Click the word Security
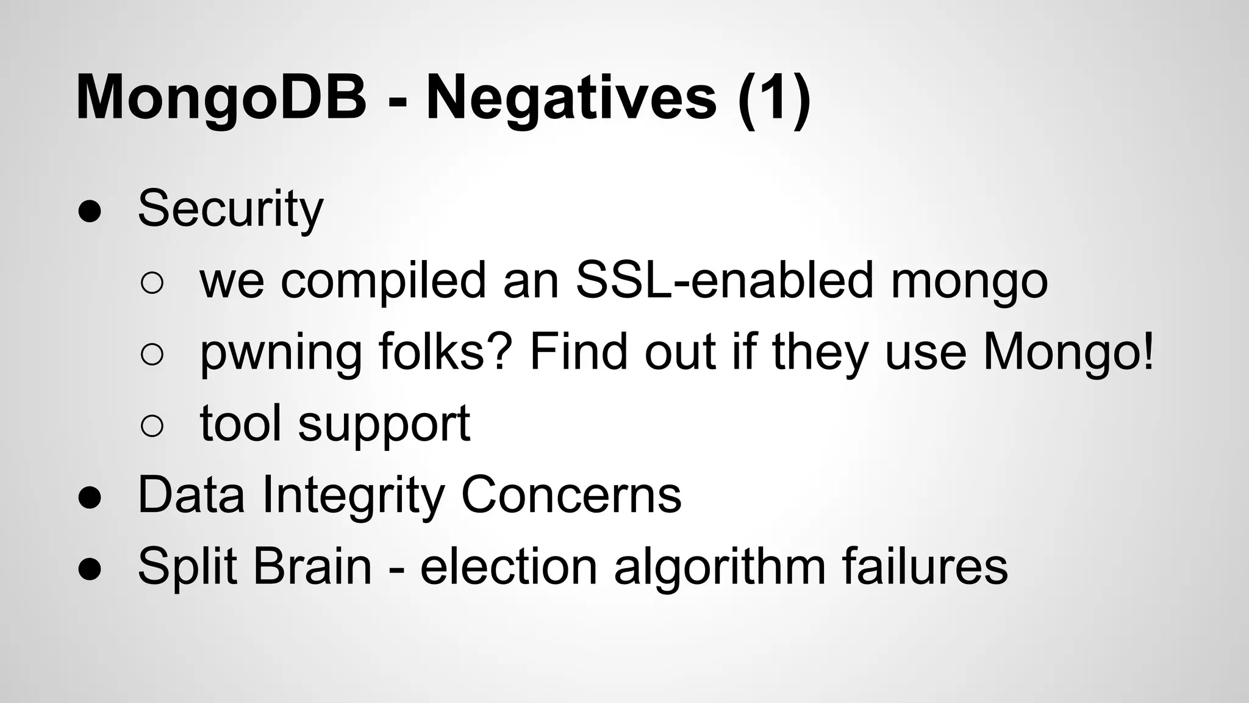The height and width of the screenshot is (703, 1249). (231, 210)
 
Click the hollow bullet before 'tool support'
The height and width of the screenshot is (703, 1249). (152, 426)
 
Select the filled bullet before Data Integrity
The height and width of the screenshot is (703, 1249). (90, 497)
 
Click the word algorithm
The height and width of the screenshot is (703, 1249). (720, 567)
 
